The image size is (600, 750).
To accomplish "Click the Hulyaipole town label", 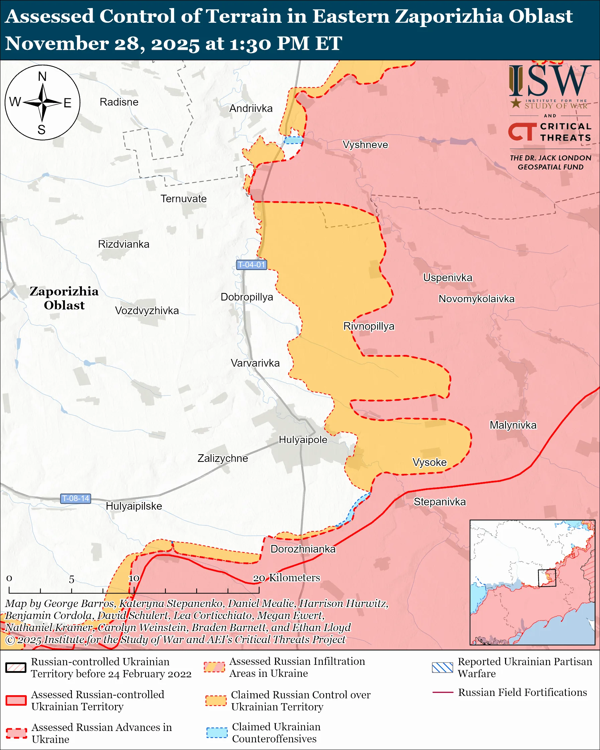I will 303,440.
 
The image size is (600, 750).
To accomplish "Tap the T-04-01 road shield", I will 251,265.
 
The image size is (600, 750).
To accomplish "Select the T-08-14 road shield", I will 76,498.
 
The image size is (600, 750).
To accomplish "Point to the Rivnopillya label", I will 369,326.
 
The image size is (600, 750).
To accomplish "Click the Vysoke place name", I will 430,462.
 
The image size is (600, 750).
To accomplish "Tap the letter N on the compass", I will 42,77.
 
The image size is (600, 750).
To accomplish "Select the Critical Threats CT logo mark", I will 522,131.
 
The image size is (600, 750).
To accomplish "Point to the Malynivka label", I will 513,425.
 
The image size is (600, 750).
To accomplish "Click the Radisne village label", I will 119,102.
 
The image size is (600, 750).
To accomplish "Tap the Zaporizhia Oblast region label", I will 64,298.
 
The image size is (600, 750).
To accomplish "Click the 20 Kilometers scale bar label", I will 286,578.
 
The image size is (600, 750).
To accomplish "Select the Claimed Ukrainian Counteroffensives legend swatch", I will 217,733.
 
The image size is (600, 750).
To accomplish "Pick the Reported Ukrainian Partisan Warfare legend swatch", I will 443,667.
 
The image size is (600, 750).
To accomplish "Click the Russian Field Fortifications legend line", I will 443,693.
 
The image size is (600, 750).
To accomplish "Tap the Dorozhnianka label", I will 303,549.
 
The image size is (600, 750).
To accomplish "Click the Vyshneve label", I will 365,145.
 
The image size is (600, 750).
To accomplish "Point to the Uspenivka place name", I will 448,278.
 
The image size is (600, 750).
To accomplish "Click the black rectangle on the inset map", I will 547,578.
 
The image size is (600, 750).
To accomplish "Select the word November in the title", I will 57,43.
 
